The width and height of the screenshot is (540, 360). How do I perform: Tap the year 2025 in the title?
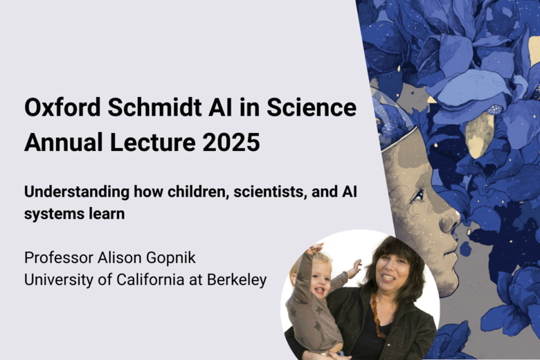[x=231, y=143]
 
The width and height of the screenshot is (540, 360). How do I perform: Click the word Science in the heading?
[x=312, y=107]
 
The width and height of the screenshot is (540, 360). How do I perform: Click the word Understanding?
[x=77, y=192]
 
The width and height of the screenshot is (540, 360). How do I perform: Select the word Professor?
[x=59, y=258]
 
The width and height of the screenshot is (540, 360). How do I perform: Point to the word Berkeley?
[x=237, y=280]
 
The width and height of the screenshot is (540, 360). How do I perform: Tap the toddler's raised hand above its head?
[x=315, y=248]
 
